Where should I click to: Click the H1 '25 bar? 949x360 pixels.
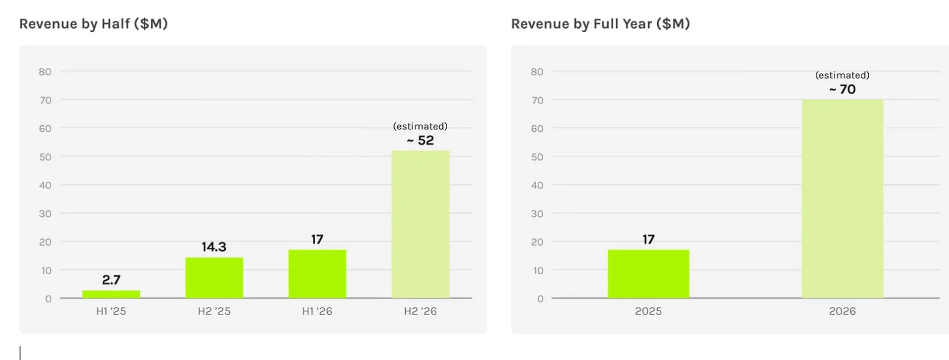[x=111, y=294]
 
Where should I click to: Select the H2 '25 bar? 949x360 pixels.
[x=214, y=278]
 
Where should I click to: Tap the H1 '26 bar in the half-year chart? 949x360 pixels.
[x=318, y=274]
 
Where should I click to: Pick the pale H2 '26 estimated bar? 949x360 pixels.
[x=420, y=224]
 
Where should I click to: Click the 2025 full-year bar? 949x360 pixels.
[x=648, y=274]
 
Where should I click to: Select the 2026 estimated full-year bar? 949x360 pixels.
[x=842, y=199]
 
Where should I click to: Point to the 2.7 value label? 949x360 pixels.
[x=111, y=280]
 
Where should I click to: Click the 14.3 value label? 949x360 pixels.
[x=214, y=247]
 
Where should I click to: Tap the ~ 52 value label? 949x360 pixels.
[x=420, y=140]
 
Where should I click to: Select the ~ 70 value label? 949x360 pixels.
[x=842, y=89]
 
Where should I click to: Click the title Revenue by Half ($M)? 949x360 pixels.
[x=94, y=24]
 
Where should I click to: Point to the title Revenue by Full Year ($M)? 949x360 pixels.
[x=601, y=24]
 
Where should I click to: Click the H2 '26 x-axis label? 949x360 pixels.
[x=420, y=311]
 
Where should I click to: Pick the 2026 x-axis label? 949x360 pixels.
[x=842, y=311]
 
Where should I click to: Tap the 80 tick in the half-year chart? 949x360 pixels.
[x=45, y=72]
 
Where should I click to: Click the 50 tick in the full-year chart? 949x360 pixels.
[x=537, y=157]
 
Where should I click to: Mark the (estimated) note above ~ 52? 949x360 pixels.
[x=420, y=126]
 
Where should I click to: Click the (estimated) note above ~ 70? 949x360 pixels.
[x=842, y=75]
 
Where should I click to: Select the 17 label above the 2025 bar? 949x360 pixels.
[x=648, y=240]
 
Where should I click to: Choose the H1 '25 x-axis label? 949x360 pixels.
[x=111, y=311]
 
